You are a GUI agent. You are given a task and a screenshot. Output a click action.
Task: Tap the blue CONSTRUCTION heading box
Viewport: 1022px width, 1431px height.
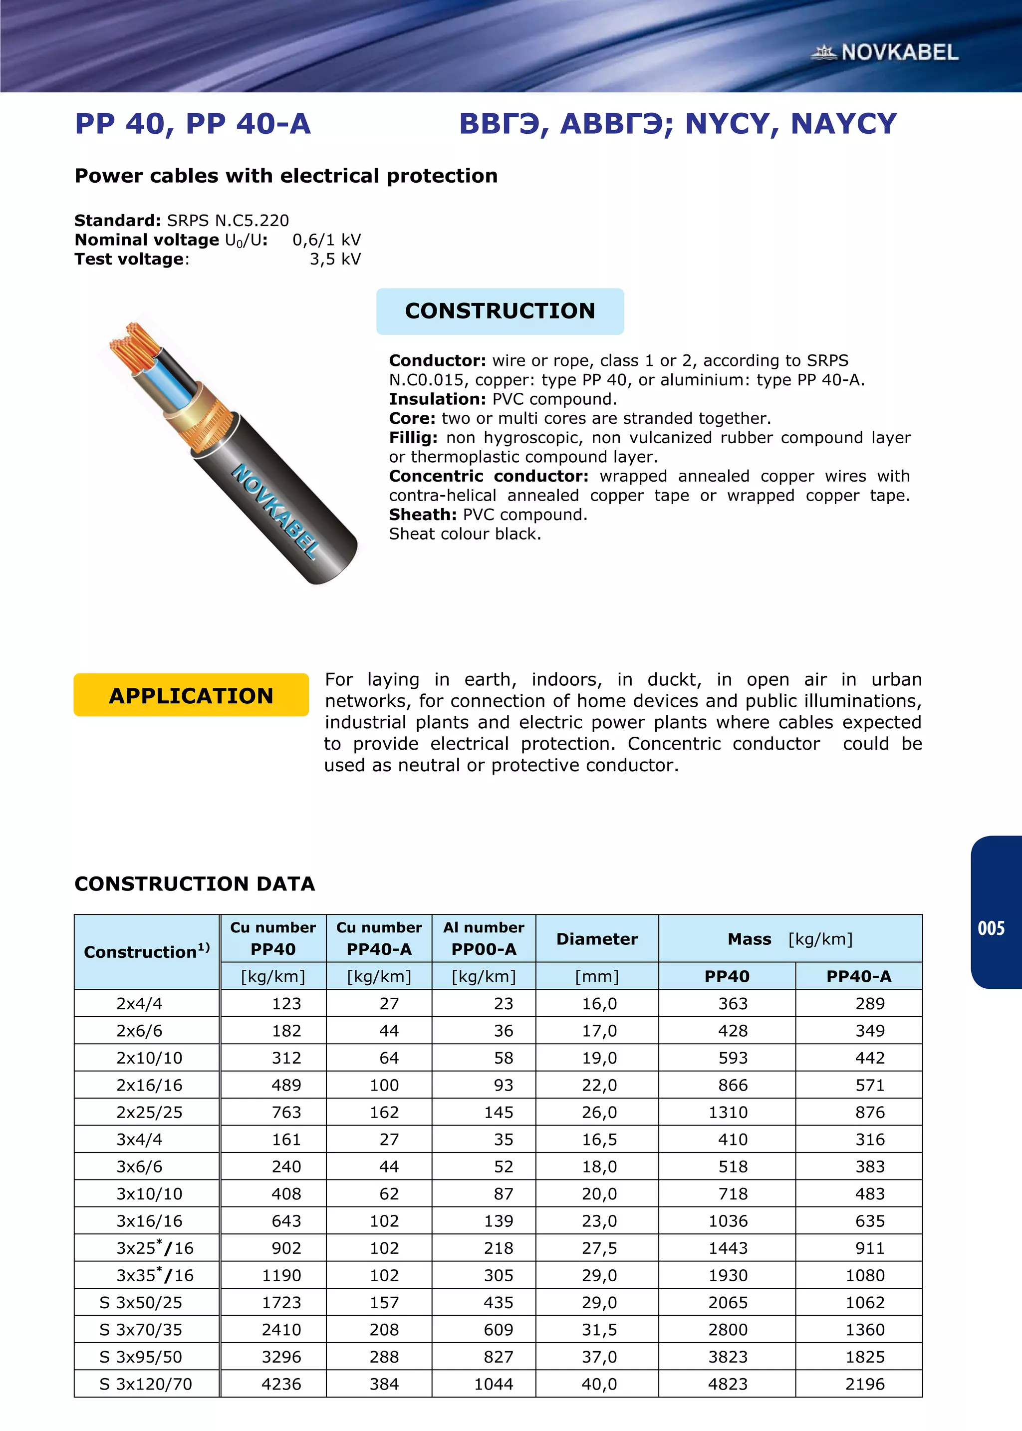(x=500, y=311)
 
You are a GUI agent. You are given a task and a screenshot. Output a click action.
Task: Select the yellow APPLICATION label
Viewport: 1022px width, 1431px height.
(x=191, y=695)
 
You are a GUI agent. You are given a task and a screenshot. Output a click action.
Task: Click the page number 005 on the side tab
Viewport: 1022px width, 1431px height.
(x=991, y=928)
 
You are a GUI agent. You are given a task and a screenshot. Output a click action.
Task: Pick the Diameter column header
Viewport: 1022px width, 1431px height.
(x=597, y=939)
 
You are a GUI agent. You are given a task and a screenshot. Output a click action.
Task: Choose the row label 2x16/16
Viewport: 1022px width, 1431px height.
(x=149, y=1086)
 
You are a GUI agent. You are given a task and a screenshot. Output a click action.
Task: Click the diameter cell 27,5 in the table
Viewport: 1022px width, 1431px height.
(x=598, y=1248)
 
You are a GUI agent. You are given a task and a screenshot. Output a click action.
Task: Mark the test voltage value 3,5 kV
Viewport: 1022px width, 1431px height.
(x=335, y=259)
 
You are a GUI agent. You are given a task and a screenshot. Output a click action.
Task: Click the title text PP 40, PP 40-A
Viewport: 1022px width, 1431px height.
(x=193, y=123)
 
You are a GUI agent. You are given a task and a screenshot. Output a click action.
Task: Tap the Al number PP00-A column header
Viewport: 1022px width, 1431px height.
(x=484, y=938)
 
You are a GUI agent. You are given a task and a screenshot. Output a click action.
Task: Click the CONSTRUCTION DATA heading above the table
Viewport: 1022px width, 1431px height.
(x=195, y=883)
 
